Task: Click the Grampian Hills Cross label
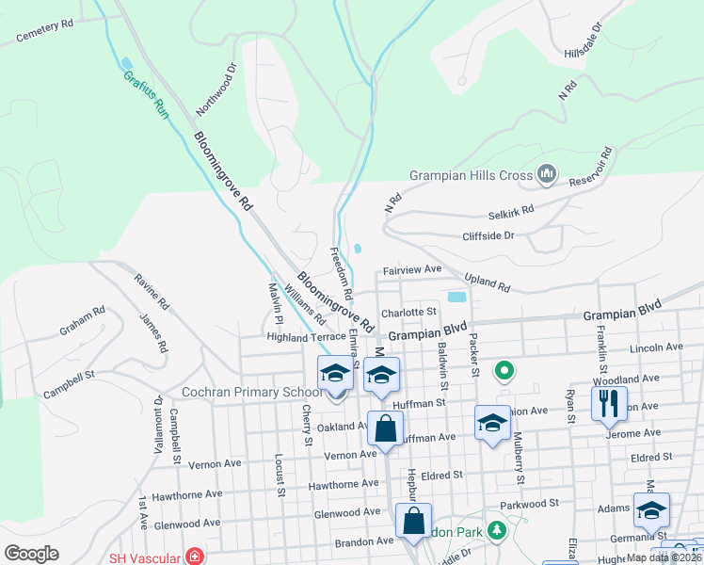[x=472, y=175]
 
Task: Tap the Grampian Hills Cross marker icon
[x=546, y=173]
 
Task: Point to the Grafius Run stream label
[x=146, y=94]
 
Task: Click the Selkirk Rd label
[x=511, y=209]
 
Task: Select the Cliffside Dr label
[x=488, y=235]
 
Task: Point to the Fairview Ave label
[x=412, y=269]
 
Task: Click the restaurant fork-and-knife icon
[x=608, y=403]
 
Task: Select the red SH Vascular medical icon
[x=195, y=557]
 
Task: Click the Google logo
[x=31, y=554]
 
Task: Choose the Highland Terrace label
[x=306, y=336]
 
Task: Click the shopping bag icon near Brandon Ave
[x=414, y=521]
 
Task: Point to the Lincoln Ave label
[x=659, y=347]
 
